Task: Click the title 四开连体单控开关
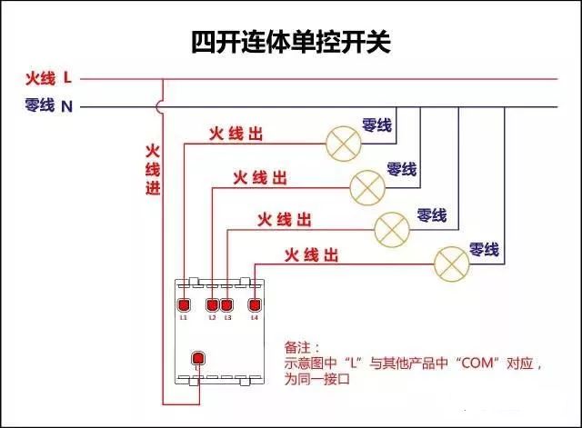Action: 290,42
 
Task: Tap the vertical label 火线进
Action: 153,169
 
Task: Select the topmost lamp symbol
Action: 343,141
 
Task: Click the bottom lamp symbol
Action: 450,263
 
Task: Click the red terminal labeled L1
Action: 184,304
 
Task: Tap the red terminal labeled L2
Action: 213,304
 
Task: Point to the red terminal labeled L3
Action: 227,304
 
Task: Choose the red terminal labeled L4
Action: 255,304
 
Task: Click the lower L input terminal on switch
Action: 196,358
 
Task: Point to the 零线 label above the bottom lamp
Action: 484,249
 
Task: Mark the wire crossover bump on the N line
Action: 162,106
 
